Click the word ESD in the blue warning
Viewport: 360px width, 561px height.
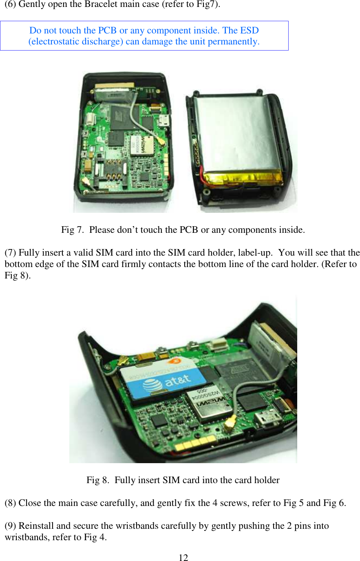(x=250, y=31)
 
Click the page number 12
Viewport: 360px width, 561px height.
(x=183, y=558)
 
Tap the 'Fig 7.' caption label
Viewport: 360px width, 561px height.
(x=73, y=230)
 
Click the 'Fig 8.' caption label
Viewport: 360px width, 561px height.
(x=98, y=480)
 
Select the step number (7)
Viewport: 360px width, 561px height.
(x=11, y=253)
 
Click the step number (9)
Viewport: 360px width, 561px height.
(x=11, y=526)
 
